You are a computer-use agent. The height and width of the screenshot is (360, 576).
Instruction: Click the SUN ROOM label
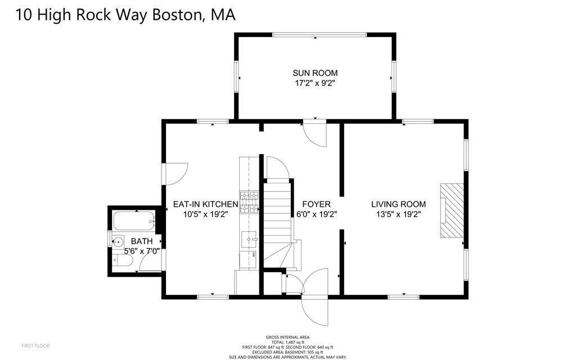(315, 73)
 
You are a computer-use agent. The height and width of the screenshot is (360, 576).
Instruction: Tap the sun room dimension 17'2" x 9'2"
(315, 83)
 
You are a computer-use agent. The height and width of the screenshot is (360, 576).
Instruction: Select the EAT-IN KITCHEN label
(205, 204)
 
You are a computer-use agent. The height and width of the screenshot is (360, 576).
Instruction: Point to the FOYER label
(316, 204)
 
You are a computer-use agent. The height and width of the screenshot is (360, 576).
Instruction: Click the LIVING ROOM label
(398, 204)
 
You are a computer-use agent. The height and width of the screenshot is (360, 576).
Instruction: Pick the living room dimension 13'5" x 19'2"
(398, 214)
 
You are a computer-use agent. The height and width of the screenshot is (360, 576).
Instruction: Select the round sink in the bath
(118, 243)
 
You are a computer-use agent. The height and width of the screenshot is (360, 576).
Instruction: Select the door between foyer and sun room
(314, 133)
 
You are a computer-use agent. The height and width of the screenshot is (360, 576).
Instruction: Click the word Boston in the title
(175, 15)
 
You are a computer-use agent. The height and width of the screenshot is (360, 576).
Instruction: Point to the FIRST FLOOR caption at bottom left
(36, 345)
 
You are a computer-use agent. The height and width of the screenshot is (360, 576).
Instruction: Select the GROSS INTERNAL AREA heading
(288, 337)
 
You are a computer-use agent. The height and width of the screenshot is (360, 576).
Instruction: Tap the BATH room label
(142, 241)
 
